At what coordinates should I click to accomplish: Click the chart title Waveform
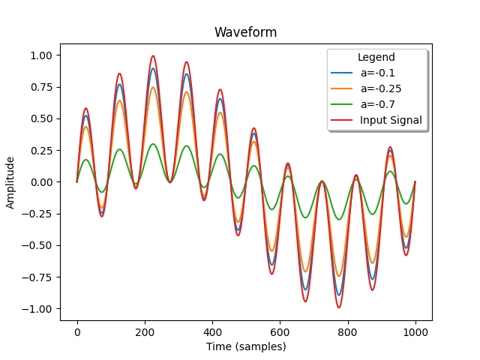[x=245, y=32]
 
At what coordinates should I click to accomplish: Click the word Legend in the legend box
[x=376, y=57]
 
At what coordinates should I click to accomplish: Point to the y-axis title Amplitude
[x=10, y=183]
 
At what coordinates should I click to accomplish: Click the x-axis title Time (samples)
[x=246, y=346]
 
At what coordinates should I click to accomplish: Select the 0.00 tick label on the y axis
[x=41, y=182]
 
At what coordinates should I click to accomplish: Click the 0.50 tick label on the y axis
[x=41, y=118]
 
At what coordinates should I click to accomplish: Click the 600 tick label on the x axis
[x=280, y=332]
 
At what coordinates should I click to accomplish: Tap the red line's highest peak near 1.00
[x=153, y=55]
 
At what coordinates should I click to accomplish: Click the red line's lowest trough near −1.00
[x=338, y=307]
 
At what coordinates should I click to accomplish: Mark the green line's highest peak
[x=153, y=144]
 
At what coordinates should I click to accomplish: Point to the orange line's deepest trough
[x=338, y=276]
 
